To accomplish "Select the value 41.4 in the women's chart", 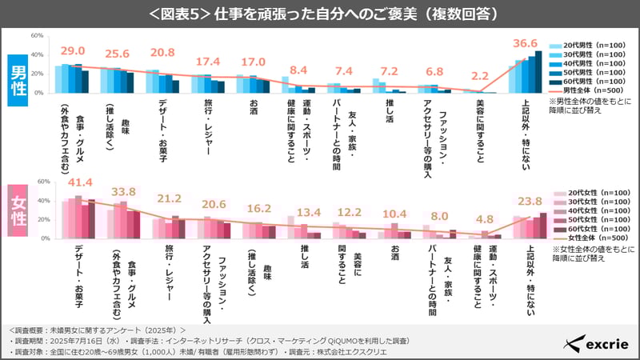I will [74, 183].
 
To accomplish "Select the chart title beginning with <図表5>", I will [320, 14].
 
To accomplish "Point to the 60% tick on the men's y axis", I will [38, 36].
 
